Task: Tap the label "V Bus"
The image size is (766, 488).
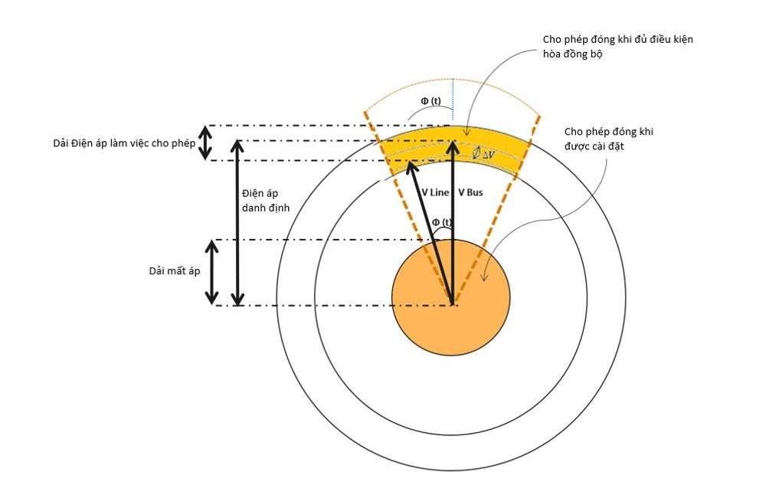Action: click(x=470, y=193)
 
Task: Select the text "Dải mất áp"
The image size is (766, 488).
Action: click(x=175, y=272)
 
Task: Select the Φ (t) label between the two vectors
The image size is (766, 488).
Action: click(x=442, y=223)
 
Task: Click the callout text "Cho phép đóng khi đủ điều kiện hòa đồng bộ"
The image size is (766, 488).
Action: click(x=616, y=46)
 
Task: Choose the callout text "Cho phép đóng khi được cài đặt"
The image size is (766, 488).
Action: click(x=609, y=139)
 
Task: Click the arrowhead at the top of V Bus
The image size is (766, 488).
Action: click(x=453, y=147)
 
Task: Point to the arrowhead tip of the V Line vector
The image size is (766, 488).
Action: click(x=408, y=163)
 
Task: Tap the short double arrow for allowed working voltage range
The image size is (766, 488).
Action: click(x=205, y=142)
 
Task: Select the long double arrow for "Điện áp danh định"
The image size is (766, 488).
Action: click(x=237, y=223)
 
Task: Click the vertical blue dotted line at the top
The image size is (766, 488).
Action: click(x=453, y=100)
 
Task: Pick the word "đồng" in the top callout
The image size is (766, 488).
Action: click(x=581, y=54)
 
